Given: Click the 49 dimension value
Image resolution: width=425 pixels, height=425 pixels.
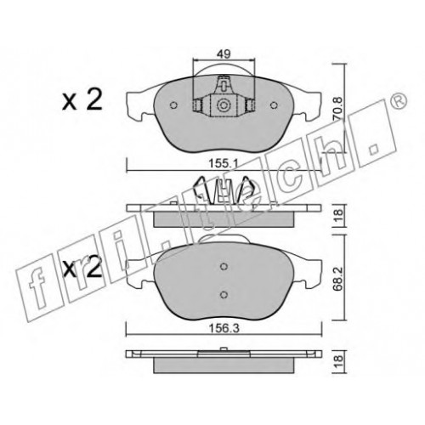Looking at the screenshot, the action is (x=224, y=54).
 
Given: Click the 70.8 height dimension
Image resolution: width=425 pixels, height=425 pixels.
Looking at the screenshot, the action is (x=337, y=108).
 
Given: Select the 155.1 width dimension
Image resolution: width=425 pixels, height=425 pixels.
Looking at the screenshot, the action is (x=224, y=163).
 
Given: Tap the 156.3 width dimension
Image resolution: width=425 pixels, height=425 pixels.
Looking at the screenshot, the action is (x=224, y=328).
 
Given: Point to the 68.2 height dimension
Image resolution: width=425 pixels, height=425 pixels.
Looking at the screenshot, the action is (x=337, y=278).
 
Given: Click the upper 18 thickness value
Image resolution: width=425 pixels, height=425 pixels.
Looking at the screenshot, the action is (x=337, y=216).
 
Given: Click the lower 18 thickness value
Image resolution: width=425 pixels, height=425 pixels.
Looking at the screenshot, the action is (x=337, y=362).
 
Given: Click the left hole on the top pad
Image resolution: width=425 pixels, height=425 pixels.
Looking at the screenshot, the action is (x=173, y=105).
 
